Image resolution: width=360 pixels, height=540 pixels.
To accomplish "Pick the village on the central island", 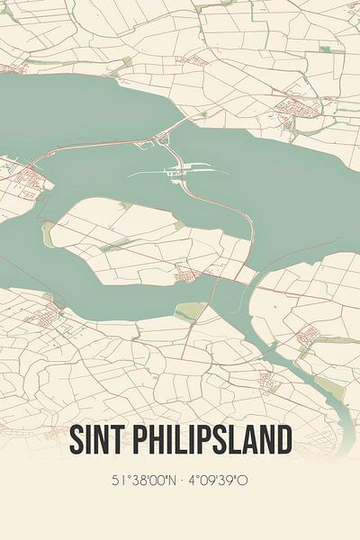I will [x=186, y=274].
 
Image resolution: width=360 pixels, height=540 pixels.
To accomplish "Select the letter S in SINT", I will [x=76, y=442].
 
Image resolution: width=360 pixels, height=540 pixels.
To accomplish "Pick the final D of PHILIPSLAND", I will [x=283, y=442].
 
